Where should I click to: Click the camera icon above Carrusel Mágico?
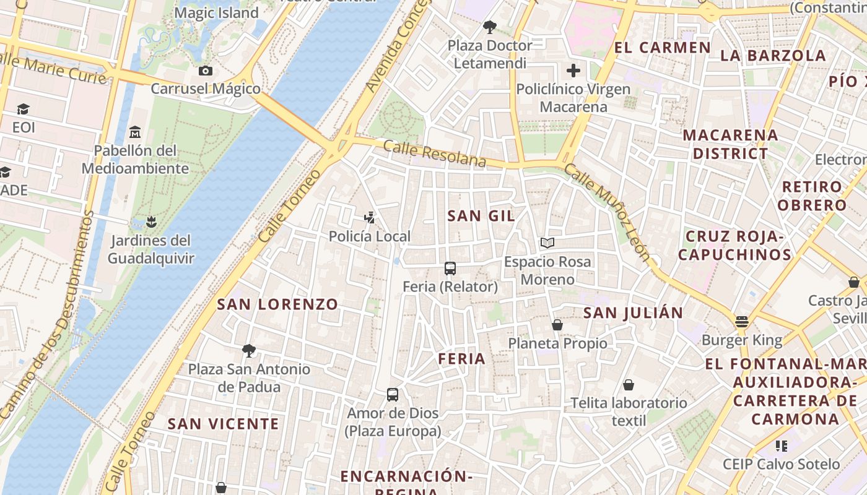point(206,71)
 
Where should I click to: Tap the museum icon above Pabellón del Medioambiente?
point(135,132)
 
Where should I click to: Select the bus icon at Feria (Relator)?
point(450,269)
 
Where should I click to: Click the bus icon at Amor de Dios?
point(393,395)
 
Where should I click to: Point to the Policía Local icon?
point(369,218)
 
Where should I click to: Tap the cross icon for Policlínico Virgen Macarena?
point(573,71)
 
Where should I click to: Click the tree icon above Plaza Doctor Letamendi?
point(490,27)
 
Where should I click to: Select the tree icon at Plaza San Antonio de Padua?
point(249,351)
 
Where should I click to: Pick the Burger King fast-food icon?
point(742,322)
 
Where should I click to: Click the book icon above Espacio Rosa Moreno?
point(547,243)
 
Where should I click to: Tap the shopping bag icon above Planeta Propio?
point(557,325)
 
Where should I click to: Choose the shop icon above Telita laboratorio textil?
point(629,385)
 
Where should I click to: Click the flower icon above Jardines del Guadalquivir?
point(151,222)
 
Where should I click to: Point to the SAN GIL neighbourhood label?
point(481,215)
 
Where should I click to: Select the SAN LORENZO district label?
point(277,304)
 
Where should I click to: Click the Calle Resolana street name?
point(434,153)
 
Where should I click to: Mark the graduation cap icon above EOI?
point(24,110)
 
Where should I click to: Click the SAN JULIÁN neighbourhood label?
point(633,313)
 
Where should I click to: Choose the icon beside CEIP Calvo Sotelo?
point(782,445)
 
